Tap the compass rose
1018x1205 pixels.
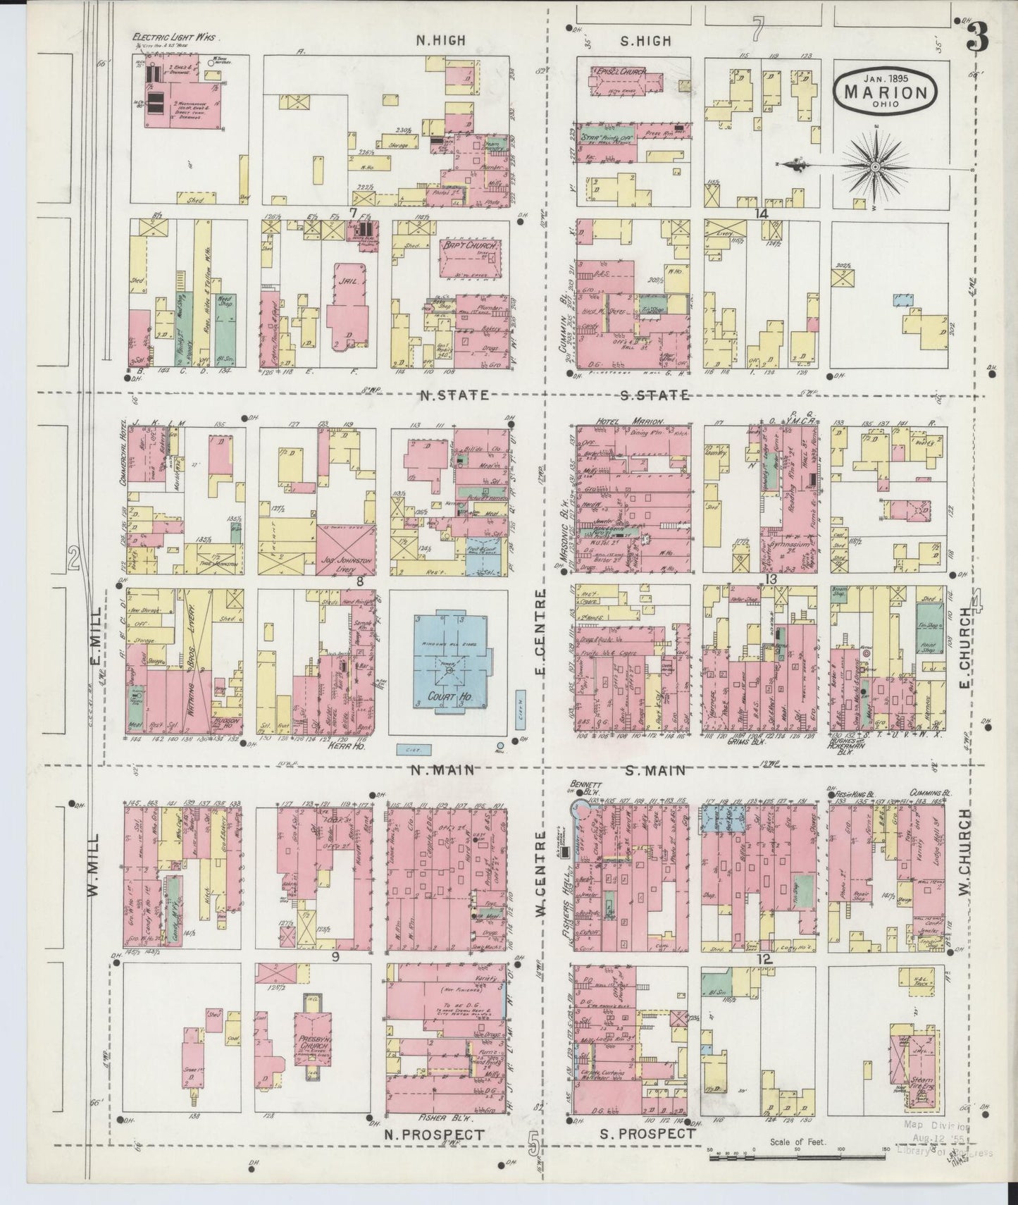click(x=874, y=167)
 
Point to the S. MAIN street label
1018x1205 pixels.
click(x=655, y=770)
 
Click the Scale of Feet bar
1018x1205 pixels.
click(x=796, y=1157)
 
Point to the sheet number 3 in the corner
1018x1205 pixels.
click(x=976, y=36)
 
